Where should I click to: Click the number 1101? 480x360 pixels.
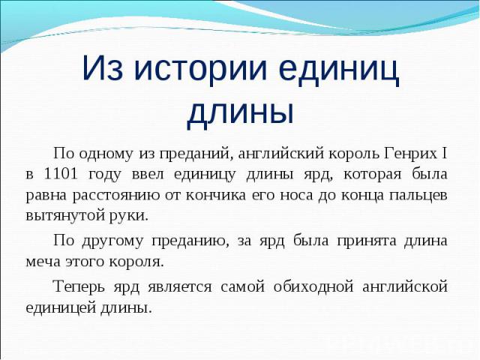(60, 174)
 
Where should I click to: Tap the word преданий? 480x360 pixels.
(194, 154)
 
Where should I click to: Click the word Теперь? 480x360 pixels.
(79, 286)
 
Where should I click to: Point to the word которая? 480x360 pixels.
(373, 175)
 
